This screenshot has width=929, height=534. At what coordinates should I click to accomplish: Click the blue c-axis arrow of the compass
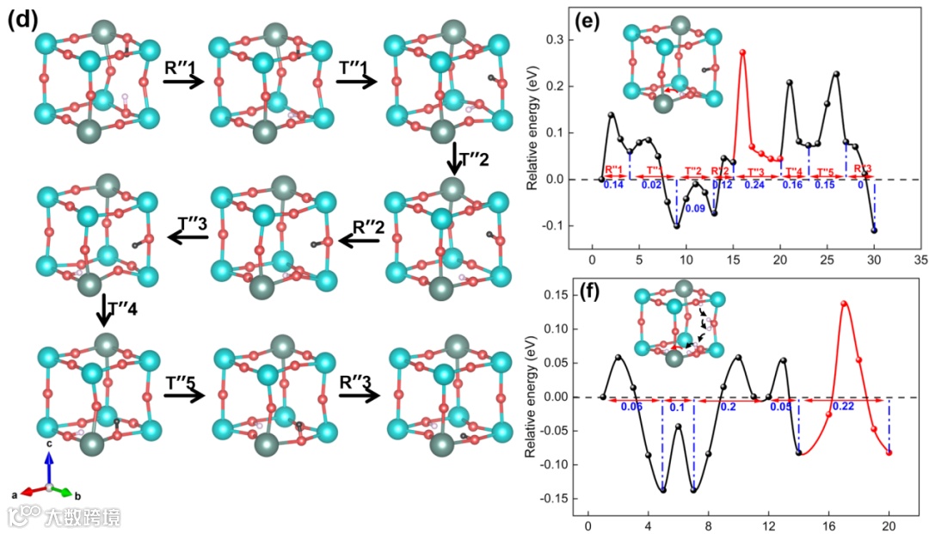point(50,468)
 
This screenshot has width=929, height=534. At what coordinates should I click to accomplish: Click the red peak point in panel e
point(742,52)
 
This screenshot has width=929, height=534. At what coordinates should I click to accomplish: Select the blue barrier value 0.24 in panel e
point(754,185)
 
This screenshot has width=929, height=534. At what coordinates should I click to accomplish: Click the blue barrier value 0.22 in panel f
point(843,407)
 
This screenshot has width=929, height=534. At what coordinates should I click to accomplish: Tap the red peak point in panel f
point(844,304)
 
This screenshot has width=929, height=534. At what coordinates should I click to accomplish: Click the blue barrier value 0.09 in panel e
point(695,208)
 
